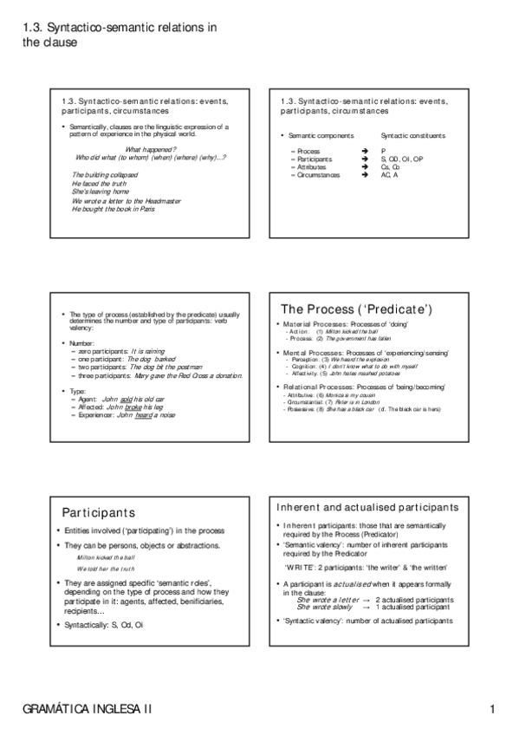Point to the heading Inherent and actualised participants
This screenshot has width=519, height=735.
pos(368,507)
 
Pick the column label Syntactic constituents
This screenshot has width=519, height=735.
pos(413,136)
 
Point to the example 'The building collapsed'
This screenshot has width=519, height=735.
pos(103,176)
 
